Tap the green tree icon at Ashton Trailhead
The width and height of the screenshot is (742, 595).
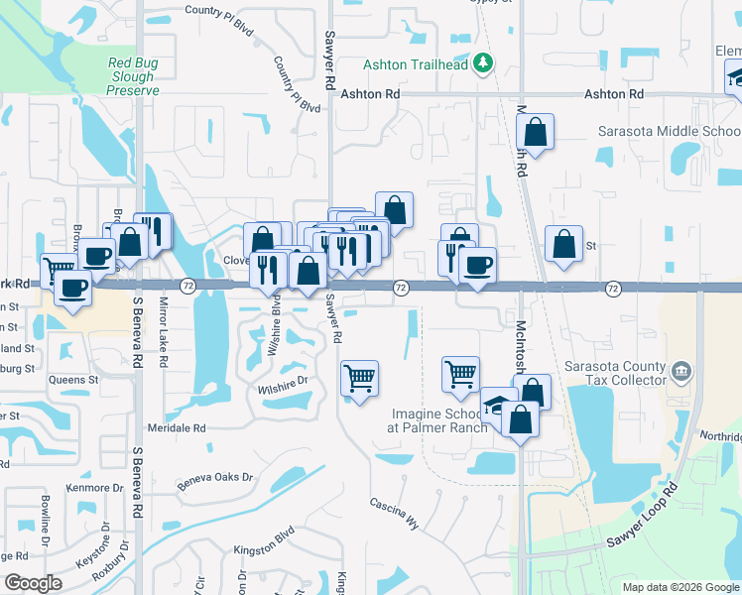tap(483, 63)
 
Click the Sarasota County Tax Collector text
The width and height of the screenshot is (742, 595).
tap(614, 373)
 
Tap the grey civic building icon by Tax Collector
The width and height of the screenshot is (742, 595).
tap(680, 373)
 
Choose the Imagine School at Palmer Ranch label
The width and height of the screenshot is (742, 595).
tap(439, 420)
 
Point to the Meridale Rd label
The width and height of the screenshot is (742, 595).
tap(177, 428)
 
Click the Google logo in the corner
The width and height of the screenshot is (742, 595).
tap(33, 583)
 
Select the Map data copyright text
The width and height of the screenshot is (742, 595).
tap(680, 587)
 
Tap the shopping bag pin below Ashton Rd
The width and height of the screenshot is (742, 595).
tap(535, 133)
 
